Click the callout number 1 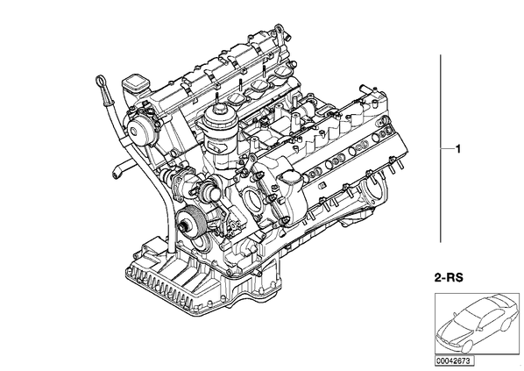click(x=458, y=148)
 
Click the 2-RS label click(x=449, y=278)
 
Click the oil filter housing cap click(x=217, y=116)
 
